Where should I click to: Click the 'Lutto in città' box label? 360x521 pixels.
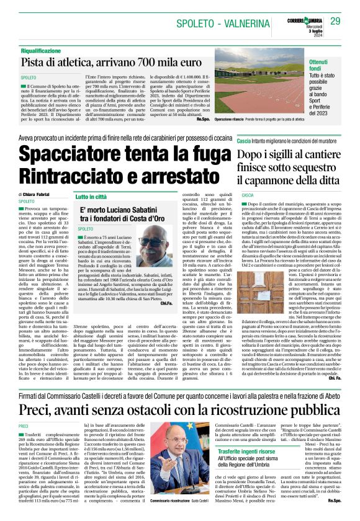coord(92,197)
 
